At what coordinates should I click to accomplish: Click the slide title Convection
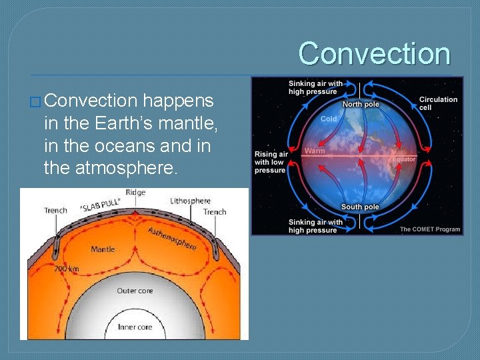pyautogui.click(x=374, y=53)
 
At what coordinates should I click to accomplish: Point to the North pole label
pyautogui.click(x=361, y=104)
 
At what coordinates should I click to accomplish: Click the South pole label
pyautogui.click(x=360, y=207)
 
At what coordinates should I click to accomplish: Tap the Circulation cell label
pyautogui.click(x=438, y=103)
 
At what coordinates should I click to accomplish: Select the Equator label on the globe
pyautogui.click(x=404, y=159)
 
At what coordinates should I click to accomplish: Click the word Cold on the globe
pyautogui.click(x=329, y=119)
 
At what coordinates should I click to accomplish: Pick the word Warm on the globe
pyautogui.click(x=315, y=151)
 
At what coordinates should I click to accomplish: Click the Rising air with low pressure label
pyautogui.click(x=271, y=162)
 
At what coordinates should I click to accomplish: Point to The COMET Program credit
pyautogui.click(x=429, y=229)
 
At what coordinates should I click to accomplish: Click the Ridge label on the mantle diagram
pyautogui.click(x=135, y=193)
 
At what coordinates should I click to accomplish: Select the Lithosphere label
pyautogui.click(x=190, y=201)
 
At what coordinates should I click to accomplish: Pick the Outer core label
pyautogui.click(x=135, y=291)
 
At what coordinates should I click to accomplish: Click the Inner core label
pyautogui.click(x=135, y=327)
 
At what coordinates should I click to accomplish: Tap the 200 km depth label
pyautogui.click(x=67, y=269)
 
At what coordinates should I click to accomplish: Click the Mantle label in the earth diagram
pyautogui.click(x=103, y=249)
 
